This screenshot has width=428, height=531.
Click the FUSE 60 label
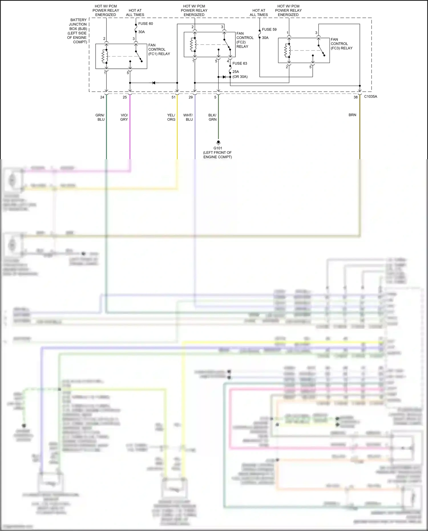click(146, 24)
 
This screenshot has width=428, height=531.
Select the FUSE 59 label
click(269, 29)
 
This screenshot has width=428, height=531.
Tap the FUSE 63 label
click(240, 63)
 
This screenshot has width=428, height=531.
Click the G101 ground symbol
click(218, 142)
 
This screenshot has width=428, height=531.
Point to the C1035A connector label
click(370, 96)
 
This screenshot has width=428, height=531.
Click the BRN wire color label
click(352, 115)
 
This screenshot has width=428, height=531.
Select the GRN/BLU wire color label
click(100, 117)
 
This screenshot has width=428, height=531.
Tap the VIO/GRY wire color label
click(124, 117)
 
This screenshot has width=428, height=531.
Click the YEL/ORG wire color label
click(171, 117)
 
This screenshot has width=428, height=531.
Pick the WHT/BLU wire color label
click(188, 117)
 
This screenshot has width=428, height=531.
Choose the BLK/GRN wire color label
click(212, 117)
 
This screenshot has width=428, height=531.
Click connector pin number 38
click(356, 97)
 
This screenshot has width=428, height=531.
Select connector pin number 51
click(173, 97)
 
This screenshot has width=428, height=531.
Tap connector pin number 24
click(102, 97)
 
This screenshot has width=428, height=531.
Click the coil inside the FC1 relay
click(105, 56)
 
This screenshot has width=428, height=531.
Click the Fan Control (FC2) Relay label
click(245, 40)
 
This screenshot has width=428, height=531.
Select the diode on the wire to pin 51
click(154, 83)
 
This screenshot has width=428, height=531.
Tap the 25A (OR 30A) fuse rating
click(240, 74)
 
